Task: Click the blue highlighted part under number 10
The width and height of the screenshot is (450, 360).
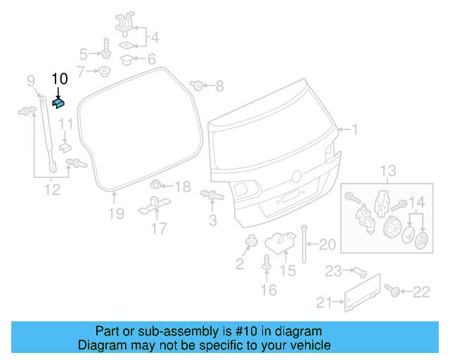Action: (x=58, y=104)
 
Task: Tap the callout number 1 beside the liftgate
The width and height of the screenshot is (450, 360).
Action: (x=355, y=129)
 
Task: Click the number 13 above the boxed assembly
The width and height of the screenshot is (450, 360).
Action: (x=389, y=171)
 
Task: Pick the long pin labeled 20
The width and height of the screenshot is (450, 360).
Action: (x=304, y=243)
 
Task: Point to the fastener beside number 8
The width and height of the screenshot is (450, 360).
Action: (x=198, y=86)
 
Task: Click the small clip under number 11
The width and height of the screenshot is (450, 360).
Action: (x=65, y=146)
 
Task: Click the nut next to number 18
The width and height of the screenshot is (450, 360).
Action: (x=157, y=186)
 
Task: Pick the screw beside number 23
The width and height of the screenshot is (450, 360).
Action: (x=358, y=271)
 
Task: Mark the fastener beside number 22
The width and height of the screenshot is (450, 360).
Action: (x=392, y=290)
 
